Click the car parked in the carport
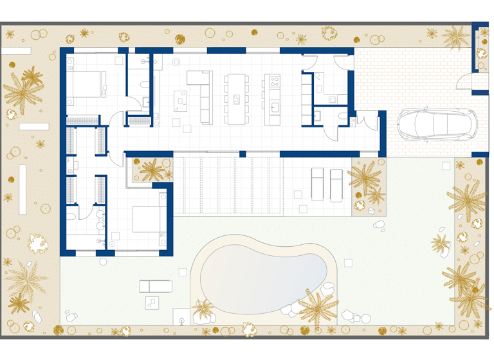click(437, 123)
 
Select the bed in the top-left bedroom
click(85, 84)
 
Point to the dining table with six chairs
click(235, 99)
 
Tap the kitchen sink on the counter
click(275, 106)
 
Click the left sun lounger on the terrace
click(318, 184)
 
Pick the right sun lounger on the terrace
click(336, 184)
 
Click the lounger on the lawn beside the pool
click(156, 286)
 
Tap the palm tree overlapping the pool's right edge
click(317, 305)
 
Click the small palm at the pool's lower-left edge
click(203, 310)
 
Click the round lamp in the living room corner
click(176, 62)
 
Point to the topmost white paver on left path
click(16, 51)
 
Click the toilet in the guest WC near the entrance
click(318, 116)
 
